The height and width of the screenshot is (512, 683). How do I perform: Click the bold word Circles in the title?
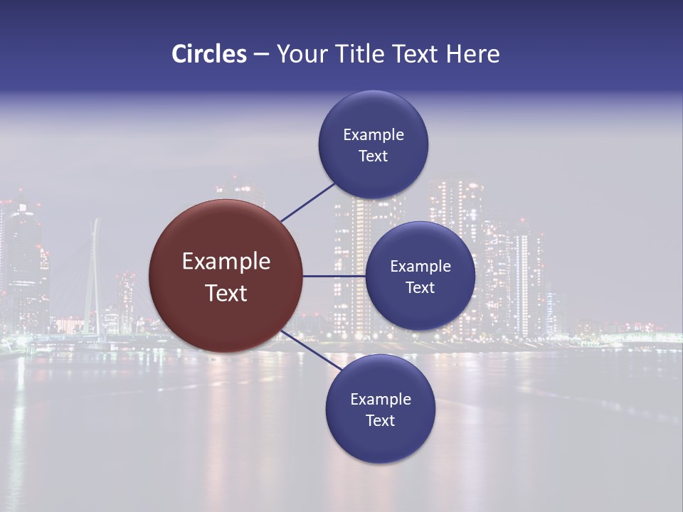(209, 54)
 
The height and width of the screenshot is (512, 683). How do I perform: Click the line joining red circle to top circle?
(309, 201)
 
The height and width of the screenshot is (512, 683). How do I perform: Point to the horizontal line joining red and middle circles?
(334, 276)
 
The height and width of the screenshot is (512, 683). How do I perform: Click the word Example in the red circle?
(226, 262)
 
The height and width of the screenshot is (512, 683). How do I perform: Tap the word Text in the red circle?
(226, 293)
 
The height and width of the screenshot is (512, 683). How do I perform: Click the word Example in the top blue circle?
(374, 135)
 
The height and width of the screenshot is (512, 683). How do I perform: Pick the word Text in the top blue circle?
(374, 156)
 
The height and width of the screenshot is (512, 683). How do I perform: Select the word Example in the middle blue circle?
(420, 267)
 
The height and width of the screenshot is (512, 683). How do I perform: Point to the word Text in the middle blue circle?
(420, 288)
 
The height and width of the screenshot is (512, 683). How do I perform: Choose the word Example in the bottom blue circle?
(381, 400)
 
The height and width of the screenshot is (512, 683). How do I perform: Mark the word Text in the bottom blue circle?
(381, 421)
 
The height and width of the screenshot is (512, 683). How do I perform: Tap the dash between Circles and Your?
(261, 55)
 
